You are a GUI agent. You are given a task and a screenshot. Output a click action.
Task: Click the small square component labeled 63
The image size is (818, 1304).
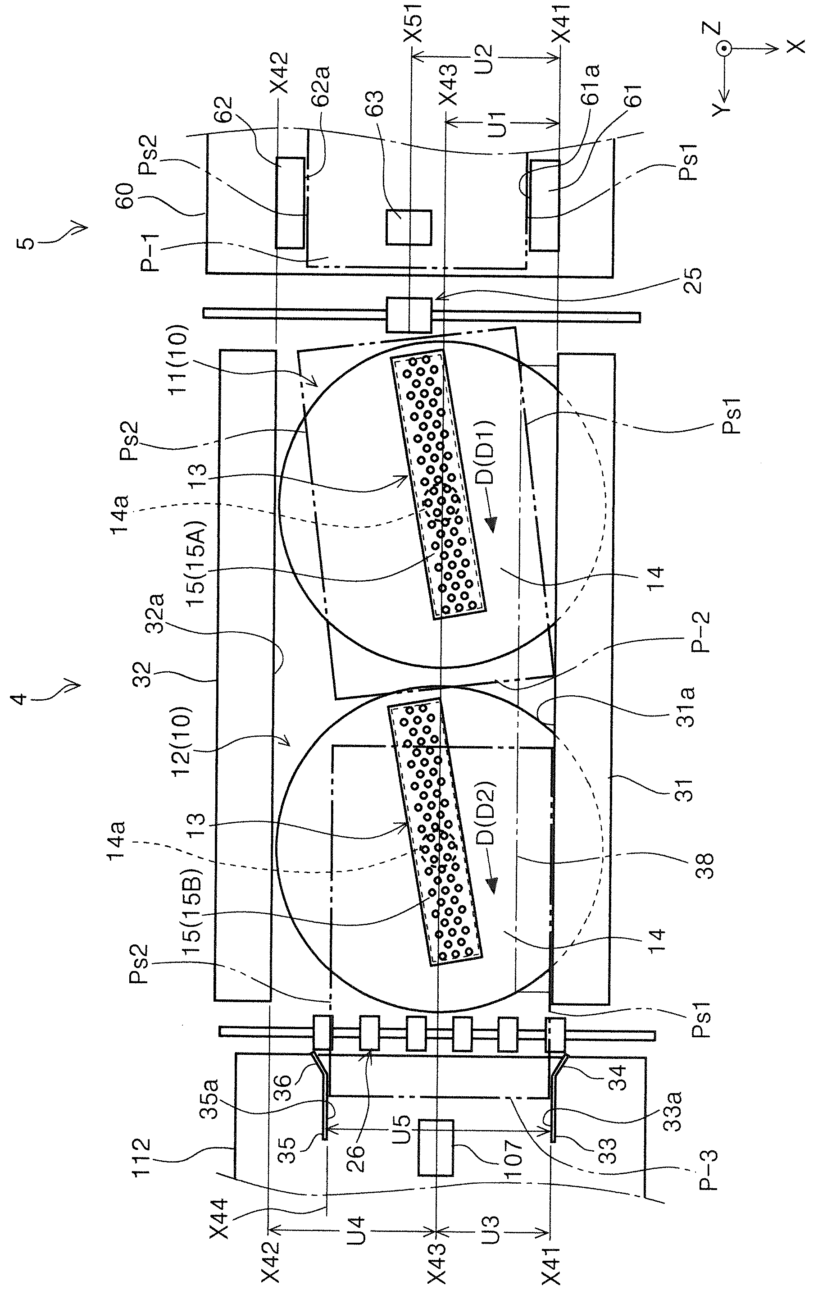[x=409, y=227]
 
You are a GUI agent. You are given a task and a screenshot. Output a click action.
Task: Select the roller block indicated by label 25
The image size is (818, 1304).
[x=409, y=315]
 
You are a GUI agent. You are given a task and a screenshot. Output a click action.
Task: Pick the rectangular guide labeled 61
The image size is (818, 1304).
[x=544, y=205]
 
